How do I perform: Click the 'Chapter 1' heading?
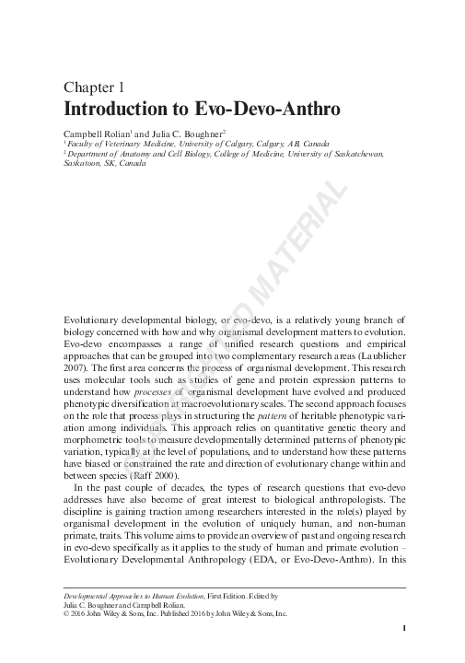(93, 87)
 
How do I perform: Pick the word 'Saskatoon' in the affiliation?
(83, 165)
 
